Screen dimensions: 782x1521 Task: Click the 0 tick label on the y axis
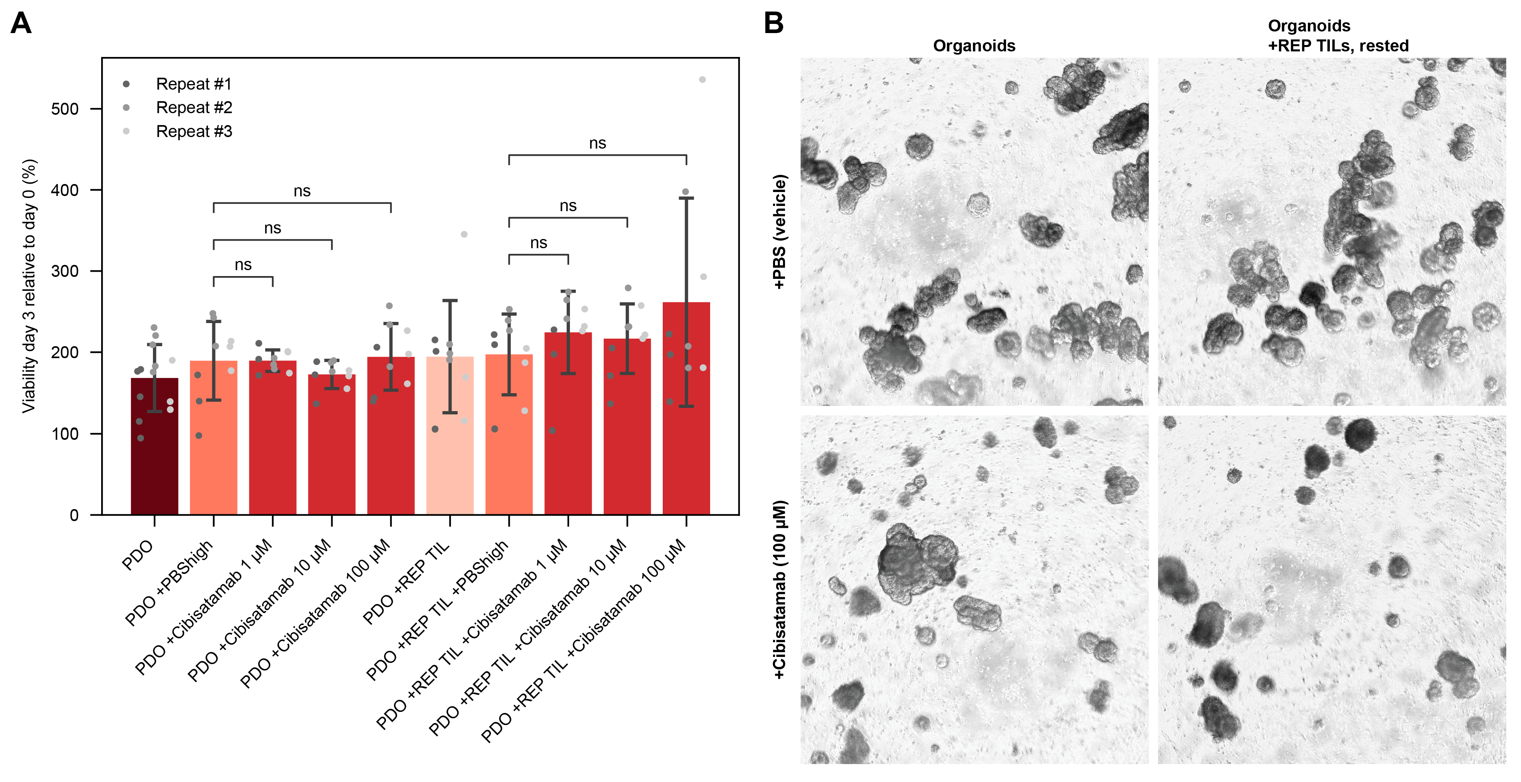(x=74, y=515)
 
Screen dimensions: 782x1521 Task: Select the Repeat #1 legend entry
(x=194, y=84)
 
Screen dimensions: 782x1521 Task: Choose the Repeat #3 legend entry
(x=194, y=131)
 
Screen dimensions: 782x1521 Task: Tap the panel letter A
(x=21, y=24)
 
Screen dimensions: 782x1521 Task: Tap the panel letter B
(x=773, y=24)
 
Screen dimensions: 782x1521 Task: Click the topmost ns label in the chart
(x=597, y=143)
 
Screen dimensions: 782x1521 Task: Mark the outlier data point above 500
(x=703, y=80)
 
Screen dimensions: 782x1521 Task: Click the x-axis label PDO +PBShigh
(x=169, y=583)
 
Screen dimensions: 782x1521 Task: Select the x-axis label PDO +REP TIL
(x=406, y=583)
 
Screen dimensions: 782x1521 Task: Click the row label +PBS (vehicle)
(x=779, y=231)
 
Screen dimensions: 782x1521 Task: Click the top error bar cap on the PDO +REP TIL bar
(x=450, y=301)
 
